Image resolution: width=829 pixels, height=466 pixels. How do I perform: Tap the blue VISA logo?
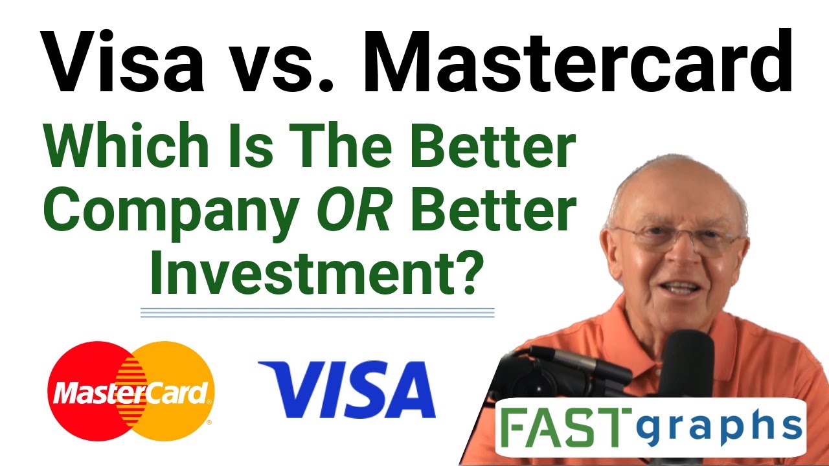[347, 390]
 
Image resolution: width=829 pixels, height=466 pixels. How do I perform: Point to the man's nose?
[680, 256]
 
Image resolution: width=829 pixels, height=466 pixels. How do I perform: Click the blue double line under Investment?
[317, 313]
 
